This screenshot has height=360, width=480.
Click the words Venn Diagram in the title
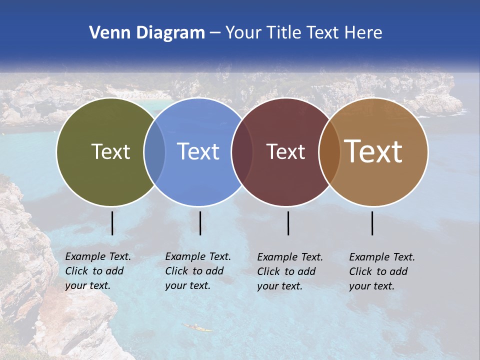147,33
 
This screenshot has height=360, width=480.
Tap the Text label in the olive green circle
110,151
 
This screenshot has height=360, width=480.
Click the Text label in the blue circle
198,151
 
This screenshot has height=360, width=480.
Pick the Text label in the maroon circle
285,151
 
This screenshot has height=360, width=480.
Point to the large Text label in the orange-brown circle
373,151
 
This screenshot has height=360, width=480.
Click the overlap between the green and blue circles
154,152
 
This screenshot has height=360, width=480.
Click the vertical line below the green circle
112,223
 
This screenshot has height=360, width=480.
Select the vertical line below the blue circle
200,223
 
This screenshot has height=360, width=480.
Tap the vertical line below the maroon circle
288,223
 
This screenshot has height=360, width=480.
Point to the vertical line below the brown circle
372,223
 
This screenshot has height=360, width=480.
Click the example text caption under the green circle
98,271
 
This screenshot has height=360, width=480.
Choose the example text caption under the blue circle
198,271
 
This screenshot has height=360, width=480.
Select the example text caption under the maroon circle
290,271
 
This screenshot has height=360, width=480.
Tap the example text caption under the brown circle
382,271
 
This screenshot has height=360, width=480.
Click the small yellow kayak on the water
198,328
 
